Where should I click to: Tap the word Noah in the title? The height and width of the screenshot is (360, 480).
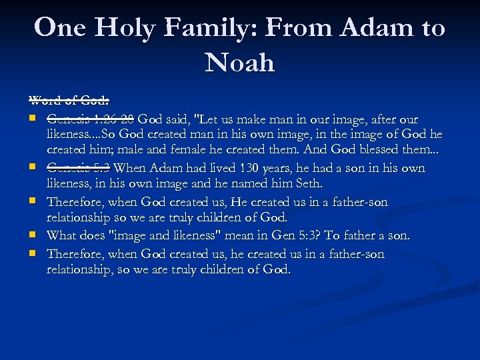[x=240, y=63]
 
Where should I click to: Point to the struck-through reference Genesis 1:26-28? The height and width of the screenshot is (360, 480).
[x=91, y=119]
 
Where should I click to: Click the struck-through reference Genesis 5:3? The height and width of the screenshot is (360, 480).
[x=79, y=168]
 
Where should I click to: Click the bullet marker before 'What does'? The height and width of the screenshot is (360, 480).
[x=31, y=235]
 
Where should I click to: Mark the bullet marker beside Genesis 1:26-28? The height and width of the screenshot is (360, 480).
[x=31, y=120]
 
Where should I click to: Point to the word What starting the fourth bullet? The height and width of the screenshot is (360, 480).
[x=61, y=235]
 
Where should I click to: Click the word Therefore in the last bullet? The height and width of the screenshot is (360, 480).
[x=75, y=254]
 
